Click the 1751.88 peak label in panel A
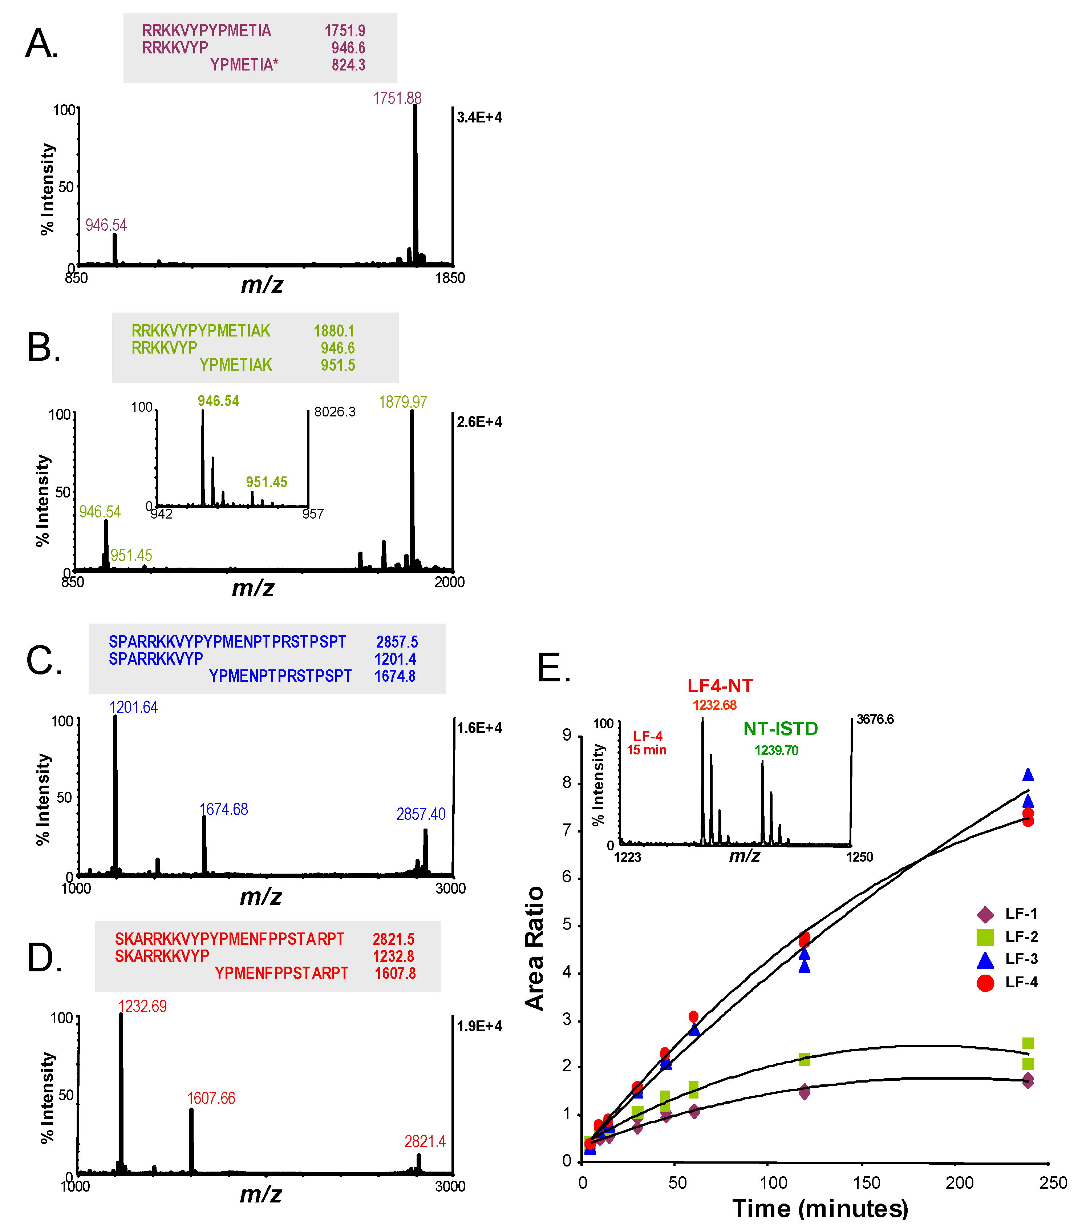coord(397,98)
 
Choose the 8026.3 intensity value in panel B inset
coord(335,412)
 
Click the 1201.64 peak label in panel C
coord(133,707)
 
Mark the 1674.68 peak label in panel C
coord(224,809)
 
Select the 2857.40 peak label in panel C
coord(421,814)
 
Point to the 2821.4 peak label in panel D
coord(425,1141)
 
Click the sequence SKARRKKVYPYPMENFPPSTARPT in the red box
coord(230,939)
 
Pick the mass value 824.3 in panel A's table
coord(349,65)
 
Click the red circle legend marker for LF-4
coord(985,983)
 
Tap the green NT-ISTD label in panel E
coord(780,729)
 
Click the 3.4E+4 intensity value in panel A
coord(479,117)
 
